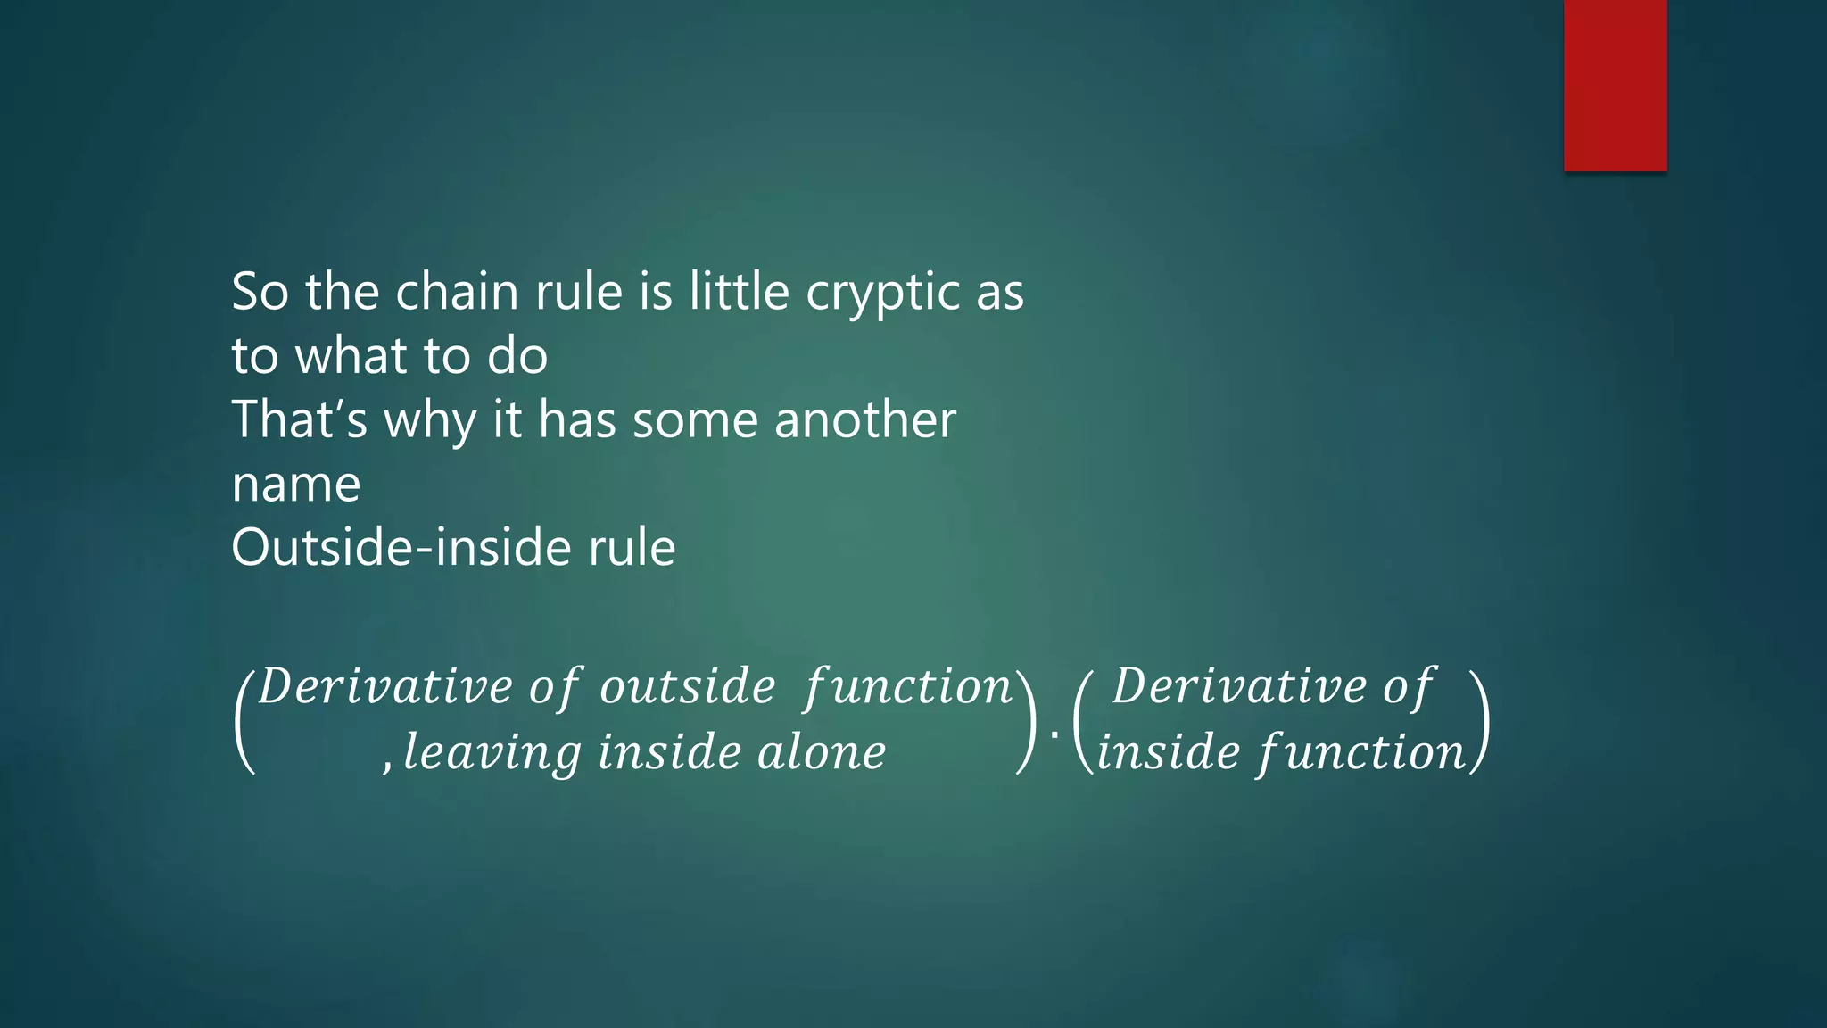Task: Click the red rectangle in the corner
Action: (1615, 86)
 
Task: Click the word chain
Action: (456, 292)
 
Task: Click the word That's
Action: (299, 419)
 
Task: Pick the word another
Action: (864, 419)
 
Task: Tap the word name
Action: (295, 485)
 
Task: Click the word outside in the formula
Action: (687, 687)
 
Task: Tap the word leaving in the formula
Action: (492, 752)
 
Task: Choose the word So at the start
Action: (260, 292)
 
